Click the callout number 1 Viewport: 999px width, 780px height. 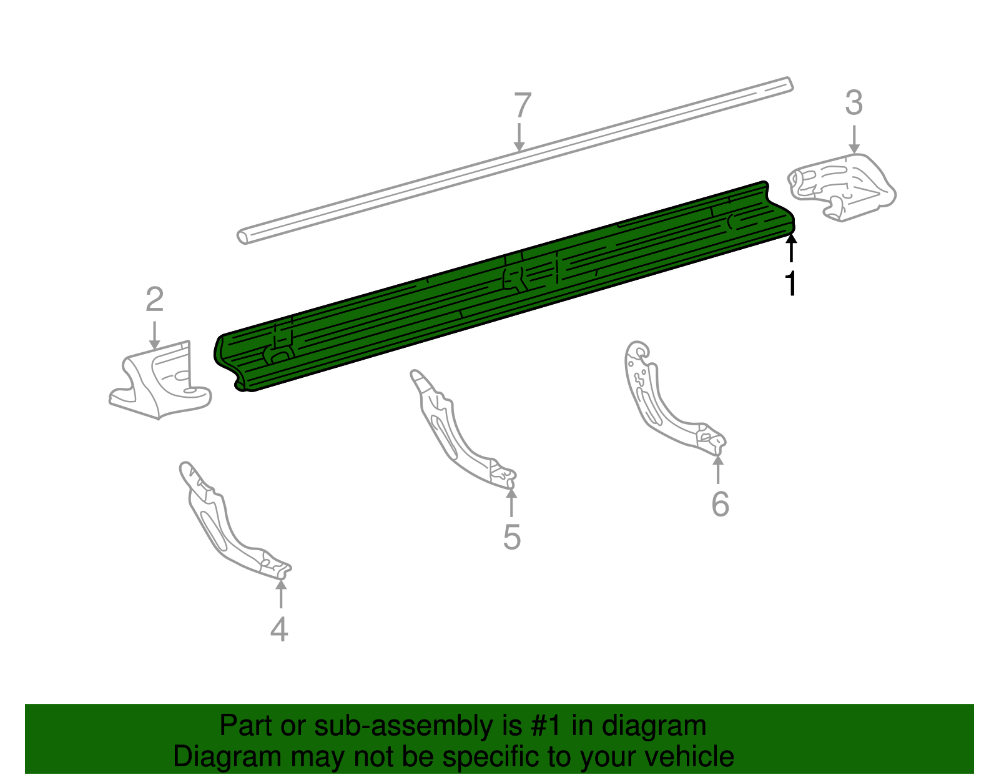[791, 284]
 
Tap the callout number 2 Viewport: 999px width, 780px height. [154, 300]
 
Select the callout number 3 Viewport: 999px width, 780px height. [854, 103]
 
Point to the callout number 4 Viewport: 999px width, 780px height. [279, 629]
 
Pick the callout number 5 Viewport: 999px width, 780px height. [511, 537]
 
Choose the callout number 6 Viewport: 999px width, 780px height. [720, 504]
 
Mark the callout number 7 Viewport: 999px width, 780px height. [522, 106]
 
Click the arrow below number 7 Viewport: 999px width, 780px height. [519, 137]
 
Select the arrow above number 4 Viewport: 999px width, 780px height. [281, 593]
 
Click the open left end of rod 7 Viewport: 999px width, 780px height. [243, 237]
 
